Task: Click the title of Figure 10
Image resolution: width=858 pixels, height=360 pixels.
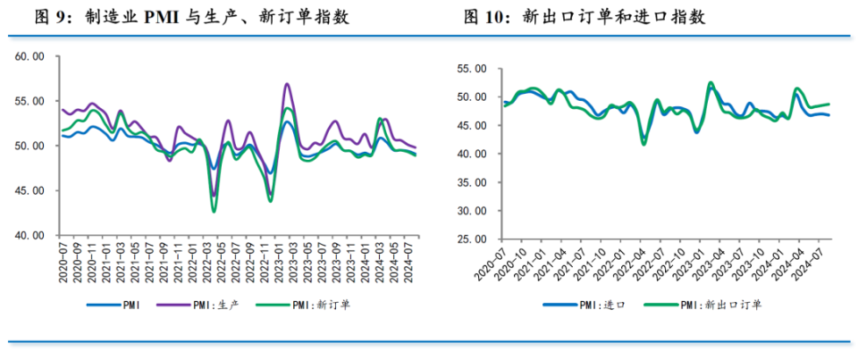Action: pyautogui.click(x=600, y=16)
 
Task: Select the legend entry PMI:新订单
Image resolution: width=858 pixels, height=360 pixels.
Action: pyautogui.click(x=316, y=305)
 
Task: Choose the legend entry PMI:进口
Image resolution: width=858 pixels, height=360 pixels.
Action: pyautogui.click(x=602, y=305)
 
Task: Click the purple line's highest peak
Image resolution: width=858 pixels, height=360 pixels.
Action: pyautogui.click(x=287, y=84)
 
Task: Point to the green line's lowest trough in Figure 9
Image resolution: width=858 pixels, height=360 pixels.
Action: pyautogui.click(x=214, y=211)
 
